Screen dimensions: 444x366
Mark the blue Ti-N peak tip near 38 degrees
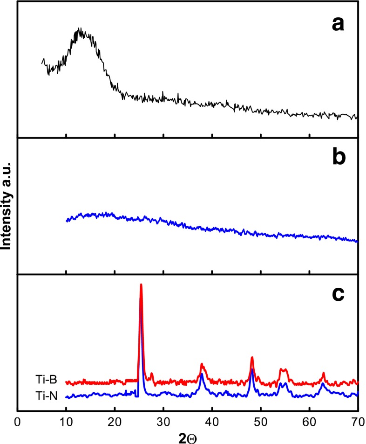202,374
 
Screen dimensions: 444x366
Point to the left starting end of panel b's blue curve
67,221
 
